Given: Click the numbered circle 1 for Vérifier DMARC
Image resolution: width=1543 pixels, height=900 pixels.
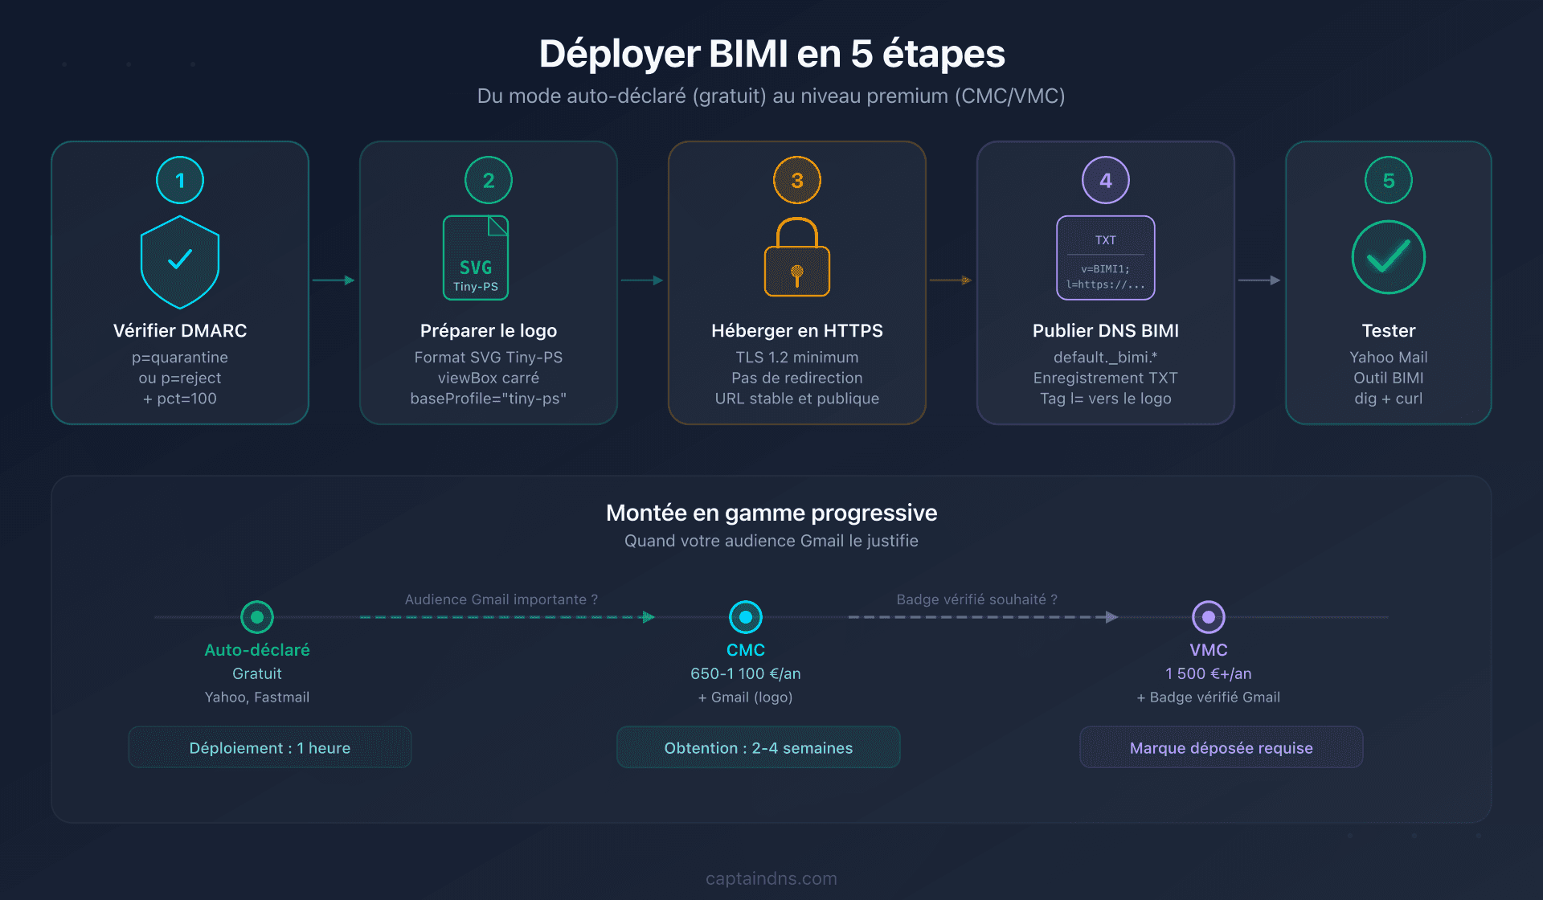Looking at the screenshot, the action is click(180, 180).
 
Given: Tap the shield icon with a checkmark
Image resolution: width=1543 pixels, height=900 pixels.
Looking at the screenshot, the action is click(180, 261).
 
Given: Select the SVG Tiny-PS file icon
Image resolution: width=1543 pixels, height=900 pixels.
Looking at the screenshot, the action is click(476, 258).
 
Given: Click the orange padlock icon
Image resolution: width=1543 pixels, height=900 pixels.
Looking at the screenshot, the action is click(797, 258).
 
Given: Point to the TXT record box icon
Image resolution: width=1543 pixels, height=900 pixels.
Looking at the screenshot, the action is click(1105, 258).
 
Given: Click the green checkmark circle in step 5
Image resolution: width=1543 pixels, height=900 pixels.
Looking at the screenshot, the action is click(1388, 257).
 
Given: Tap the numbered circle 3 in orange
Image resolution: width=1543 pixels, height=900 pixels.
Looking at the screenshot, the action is click(797, 180).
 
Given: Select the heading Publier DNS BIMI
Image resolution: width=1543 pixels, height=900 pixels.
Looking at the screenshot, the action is click(1105, 330).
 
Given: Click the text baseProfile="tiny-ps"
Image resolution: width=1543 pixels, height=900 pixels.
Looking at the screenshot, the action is click(488, 399).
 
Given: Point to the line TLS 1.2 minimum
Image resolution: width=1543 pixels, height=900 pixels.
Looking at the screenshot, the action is click(796, 357).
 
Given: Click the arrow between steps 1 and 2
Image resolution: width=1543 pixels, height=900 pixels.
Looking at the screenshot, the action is click(334, 280).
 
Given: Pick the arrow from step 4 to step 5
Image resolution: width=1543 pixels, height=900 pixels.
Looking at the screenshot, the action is click(1259, 280).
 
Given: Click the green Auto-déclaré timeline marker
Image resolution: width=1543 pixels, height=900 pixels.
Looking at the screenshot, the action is click(257, 617).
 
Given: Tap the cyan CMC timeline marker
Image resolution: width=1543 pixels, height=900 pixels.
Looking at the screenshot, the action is click(746, 617).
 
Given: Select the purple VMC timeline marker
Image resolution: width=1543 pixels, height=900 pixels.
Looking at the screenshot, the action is click(1208, 617).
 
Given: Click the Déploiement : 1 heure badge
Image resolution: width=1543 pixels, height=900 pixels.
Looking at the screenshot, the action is click(270, 747).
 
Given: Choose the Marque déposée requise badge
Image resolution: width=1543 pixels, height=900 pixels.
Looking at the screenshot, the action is click(1221, 747).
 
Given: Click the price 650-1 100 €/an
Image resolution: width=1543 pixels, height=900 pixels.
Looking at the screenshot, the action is click(745, 673).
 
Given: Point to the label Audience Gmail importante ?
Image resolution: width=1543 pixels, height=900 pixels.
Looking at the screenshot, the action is click(501, 599).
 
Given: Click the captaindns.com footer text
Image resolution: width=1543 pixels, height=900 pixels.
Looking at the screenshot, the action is click(771, 878).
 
